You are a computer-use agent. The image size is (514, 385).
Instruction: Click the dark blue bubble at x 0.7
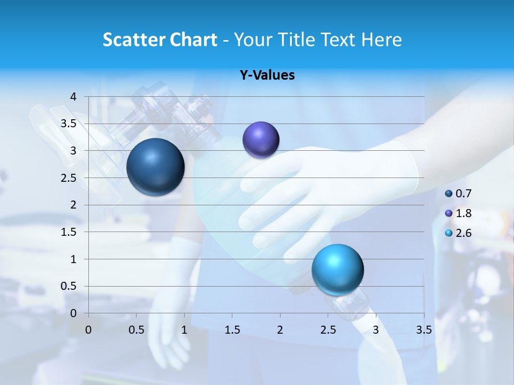(156, 167)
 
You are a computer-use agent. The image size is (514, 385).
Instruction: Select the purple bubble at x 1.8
(261, 140)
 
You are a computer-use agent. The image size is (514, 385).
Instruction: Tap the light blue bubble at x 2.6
(337, 269)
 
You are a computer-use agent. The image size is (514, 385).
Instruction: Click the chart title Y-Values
(267, 75)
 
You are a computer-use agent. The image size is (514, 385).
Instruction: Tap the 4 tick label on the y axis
(73, 97)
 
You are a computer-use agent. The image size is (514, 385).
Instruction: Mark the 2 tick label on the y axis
(73, 205)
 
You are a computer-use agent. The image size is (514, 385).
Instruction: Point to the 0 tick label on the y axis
(73, 313)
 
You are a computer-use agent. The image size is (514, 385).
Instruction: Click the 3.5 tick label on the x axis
(424, 329)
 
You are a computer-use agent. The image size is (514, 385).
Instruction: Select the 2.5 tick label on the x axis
(328, 329)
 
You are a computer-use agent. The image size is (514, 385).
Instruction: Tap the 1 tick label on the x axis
(184, 329)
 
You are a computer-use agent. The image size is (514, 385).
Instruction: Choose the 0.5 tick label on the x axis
(136, 329)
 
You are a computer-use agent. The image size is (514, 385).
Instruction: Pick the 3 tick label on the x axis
(376, 329)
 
